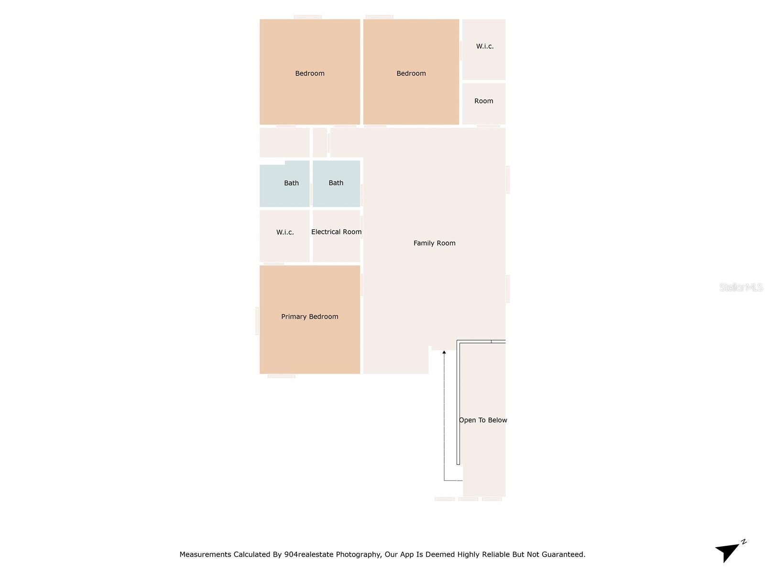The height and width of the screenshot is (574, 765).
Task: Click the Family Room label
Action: [x=434, y=243]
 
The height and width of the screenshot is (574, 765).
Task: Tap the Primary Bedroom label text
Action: [x=309, y=317]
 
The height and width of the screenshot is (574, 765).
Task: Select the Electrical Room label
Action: [x=336, y=232]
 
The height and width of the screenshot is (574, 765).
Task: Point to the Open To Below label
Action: [x=483, y=420]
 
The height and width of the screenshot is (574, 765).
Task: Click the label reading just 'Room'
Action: [x=483, y=101]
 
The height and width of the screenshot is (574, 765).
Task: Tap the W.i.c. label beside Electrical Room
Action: [x=285, y=232]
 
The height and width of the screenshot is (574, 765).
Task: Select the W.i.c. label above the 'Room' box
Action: [x=484, y=46]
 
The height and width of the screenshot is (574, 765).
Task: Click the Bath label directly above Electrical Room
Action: [x=336, y=183]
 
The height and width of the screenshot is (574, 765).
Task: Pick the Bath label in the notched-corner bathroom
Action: [x=291, y=183]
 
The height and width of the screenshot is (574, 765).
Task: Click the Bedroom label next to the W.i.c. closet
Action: [x=411, y=73]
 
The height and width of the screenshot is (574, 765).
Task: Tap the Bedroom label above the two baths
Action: [x=309, y=73]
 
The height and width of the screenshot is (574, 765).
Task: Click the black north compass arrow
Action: [x=727, y=552]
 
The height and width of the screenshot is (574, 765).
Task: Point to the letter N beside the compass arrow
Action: [x=743, y=542]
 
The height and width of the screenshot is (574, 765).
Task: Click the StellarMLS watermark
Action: [x=741, y=287]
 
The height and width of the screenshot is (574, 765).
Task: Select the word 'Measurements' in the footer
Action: [x=205, y=554]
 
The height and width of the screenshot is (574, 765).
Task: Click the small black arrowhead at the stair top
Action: [x=444, y=353]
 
